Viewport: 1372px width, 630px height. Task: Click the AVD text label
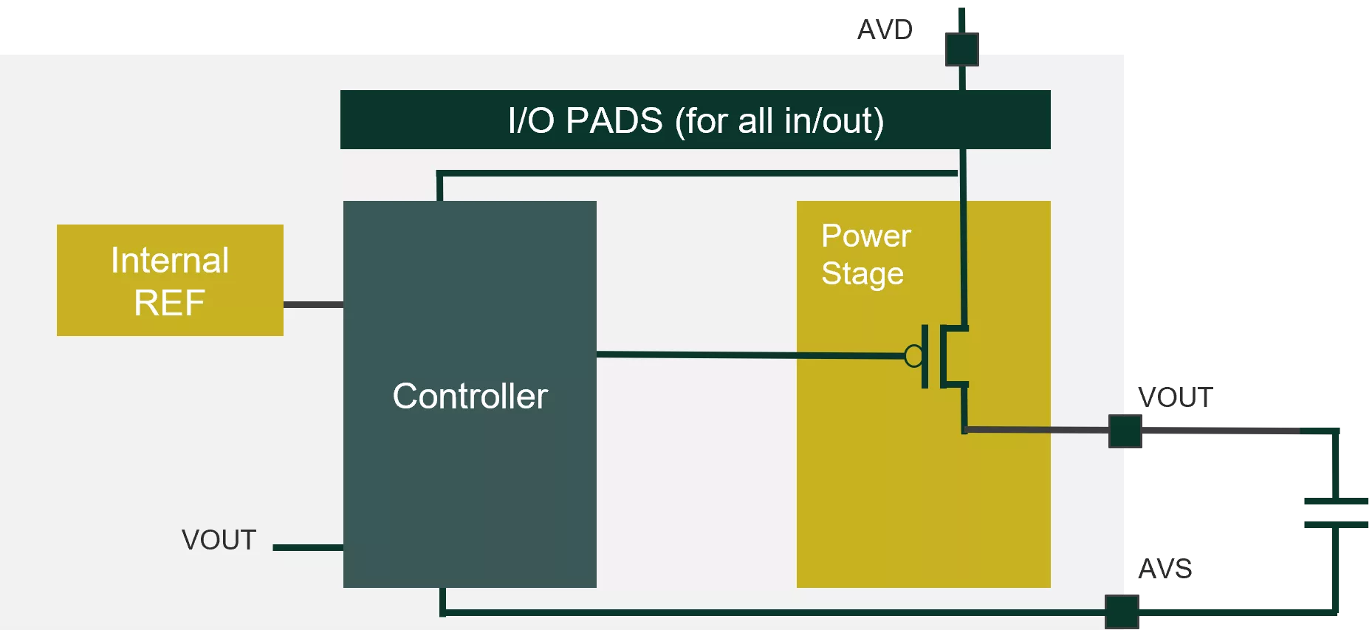(x=885, y=30)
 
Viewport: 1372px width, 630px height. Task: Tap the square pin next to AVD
(x=962, y=49)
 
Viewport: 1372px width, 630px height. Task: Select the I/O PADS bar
(x=695, y=120)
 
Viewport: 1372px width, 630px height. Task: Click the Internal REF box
(x=170, y=280)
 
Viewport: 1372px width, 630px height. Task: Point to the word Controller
(x=470, y=396)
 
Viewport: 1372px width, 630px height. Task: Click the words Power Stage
(x=866, y=255)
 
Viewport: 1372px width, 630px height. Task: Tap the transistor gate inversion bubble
(x=913, y=356)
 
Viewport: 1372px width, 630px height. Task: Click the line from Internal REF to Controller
(x=313, y=304)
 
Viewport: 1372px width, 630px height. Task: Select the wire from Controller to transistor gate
(x=750, y=355)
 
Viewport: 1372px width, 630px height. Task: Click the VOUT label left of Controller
(x=219, y=540)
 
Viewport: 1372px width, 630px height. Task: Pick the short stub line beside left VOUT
(x=308, y=547)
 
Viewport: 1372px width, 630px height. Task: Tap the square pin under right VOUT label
(x=1125, y=431)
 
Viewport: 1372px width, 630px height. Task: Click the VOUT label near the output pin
(x=1176, y=397)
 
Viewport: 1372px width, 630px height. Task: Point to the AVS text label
(x=1165, y=569)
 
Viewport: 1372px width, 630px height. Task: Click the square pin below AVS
(x=1122, y=612)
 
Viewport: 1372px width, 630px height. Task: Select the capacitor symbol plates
(x=1336, y=513)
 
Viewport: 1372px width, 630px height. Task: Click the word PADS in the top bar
(x=614, y=120)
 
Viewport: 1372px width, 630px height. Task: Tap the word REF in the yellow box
(x=170, y=303)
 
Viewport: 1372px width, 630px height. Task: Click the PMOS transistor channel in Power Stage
(x=944, y=356)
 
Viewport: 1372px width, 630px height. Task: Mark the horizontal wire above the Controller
(x=697, y=174)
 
